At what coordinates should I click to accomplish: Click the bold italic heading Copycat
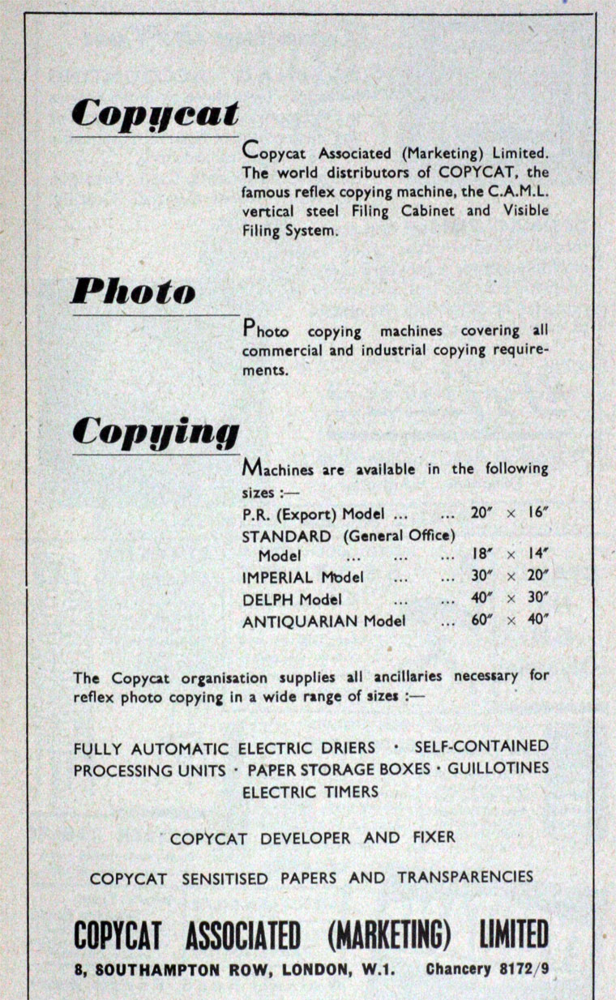[155, 113]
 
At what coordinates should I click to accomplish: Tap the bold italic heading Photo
[133, 291]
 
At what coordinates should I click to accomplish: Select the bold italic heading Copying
[156, 433]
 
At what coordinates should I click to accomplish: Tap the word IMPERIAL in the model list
[277, 578]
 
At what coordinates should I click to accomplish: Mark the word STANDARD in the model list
[286, 536]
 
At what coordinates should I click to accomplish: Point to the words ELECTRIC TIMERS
[310, 792]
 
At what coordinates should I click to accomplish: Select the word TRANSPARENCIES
[464, 878]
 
